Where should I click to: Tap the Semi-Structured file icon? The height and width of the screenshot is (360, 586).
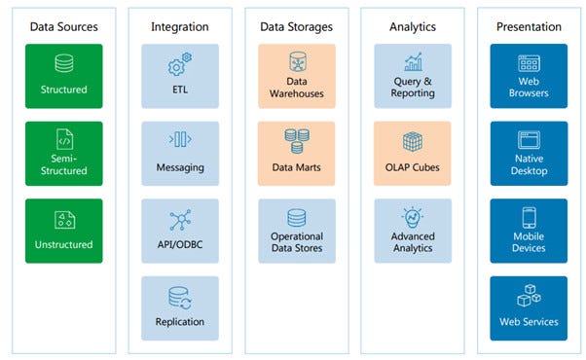[64, 140]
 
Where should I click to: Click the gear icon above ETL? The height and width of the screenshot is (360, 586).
[180, 65]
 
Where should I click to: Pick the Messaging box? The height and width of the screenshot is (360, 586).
[180, 153]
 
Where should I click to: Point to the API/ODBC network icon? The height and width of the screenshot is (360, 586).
[180, 220]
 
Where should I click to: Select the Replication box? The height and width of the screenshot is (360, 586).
[180, 307]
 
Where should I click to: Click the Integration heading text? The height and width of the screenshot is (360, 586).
[180, 26]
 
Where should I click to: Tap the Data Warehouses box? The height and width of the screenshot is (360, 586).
[297, 75]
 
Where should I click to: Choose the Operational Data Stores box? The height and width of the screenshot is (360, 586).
[297, 231]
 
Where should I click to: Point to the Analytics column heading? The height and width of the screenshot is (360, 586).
[412, 26]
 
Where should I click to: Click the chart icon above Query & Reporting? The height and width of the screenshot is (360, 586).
[413, 63]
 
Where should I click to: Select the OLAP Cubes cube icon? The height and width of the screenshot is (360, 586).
[413, 142]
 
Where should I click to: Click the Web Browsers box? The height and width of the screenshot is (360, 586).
[529, 75]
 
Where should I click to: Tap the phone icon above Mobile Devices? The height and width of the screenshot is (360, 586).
[529, 217]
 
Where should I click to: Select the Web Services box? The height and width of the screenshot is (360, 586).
[529, 307]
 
